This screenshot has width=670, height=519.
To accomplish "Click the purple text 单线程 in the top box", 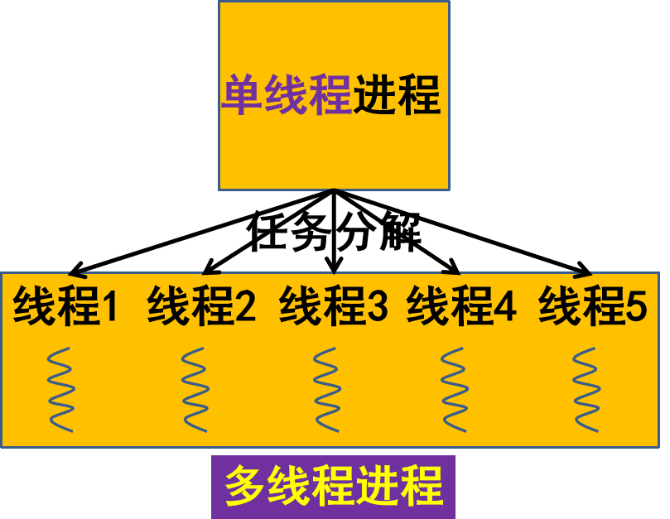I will click(286, 96).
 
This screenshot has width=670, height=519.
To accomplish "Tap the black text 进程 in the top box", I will click(397, 96).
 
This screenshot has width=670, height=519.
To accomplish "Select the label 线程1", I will click(66, 306).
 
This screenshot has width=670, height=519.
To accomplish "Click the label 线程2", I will click(201, 306).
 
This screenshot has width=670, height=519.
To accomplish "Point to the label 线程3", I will click(333, 306).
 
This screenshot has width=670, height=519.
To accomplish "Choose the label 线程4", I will click(461, 306).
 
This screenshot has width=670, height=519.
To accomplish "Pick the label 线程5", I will click(592, 306).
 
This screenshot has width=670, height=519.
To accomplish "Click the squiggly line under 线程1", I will click(60, 389).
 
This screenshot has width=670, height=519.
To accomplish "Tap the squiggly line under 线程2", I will click(194, 389).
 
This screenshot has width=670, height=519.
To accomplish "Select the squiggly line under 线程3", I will click(326, 389).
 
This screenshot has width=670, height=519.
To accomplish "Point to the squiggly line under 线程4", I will click(453, 389).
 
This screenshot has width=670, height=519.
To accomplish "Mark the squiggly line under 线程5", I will click(586, 389).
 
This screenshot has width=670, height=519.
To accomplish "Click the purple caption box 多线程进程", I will click(333, 487).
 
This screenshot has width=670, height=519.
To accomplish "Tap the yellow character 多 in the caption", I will click(245, 486).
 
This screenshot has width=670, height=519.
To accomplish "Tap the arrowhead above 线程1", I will click(75, 273).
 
